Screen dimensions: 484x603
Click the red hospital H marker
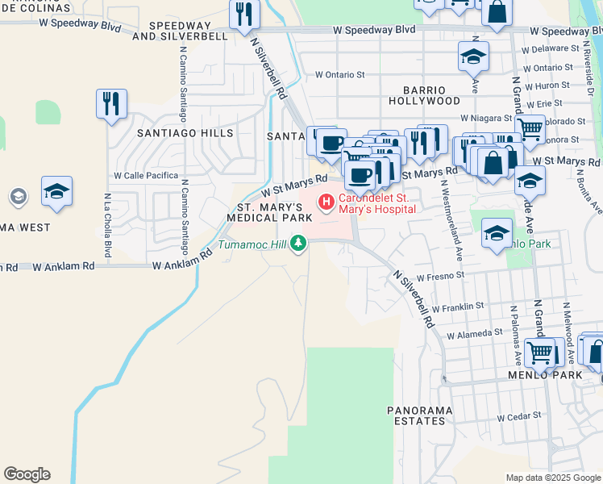326,202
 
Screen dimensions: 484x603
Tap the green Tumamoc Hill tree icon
299,242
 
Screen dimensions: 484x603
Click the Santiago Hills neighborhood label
185,133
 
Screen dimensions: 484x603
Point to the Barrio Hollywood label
424,95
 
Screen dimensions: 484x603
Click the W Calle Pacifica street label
146,175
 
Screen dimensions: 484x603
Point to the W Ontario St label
339,74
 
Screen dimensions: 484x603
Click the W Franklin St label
457,307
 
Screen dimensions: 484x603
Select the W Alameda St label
474,334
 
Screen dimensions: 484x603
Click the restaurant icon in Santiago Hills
112,103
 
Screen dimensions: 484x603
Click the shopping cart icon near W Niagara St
530,127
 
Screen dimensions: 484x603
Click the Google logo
27,474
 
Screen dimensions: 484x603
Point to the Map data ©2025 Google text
552,478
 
